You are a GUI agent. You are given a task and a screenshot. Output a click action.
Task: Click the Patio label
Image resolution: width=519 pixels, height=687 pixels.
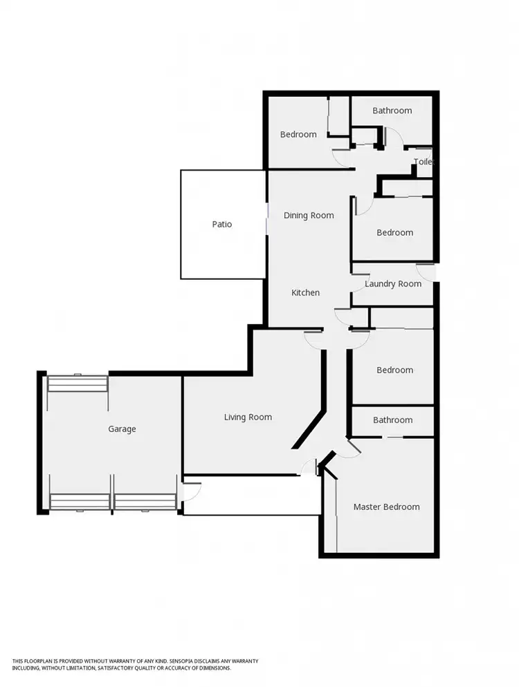pyautogui.click(x=222, y=224)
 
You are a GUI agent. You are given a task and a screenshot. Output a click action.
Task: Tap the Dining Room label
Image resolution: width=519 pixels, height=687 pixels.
pyautogui.click(x=309, y=215)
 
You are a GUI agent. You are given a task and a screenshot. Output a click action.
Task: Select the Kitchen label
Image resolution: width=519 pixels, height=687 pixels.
pyautogui.click(x=305, y=292)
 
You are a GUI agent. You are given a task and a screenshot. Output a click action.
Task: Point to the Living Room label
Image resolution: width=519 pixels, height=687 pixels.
pyautogui.click(x=248, y=417)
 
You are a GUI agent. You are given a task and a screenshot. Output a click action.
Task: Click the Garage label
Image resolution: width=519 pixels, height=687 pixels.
pyautogui.click(x=122, y=429)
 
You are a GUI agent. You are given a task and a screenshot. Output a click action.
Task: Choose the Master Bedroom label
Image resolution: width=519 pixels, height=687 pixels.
pyautogui.click(x=386, y=507)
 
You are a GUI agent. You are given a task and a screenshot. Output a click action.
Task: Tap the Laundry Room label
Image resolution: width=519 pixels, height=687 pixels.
pyautogui.click(x=392, y=283)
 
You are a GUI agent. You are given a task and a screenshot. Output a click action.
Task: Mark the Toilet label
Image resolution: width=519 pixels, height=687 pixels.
pyautogui.click(x=423, y=162)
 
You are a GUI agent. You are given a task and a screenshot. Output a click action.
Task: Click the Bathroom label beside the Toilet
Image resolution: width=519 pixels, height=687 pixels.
pyautogui.click(x=392, y=110)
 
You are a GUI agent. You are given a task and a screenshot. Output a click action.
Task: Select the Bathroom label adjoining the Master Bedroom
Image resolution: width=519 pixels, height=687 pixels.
pyautogui.click(x=392, y=420)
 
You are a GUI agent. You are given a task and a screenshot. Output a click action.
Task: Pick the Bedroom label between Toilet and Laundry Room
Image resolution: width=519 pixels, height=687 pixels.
pyautogui.click(x=394, y=232)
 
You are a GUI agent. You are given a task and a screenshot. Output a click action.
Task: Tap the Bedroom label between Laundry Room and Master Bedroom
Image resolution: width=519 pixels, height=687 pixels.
pyautogui.click(x=394, y=370)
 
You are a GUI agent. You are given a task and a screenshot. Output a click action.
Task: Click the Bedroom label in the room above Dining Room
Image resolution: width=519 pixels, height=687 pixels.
pyautogui.click(x=298, y=134)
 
